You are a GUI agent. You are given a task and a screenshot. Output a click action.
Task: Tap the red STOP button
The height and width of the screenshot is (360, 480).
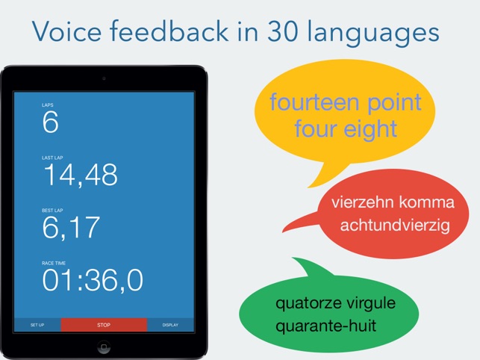[x=104, y=325]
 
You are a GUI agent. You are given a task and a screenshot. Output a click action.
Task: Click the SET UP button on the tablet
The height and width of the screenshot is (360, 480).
[x=37, y=325]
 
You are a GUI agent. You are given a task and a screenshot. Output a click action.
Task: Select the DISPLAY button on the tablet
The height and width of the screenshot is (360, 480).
[x=170, y=325]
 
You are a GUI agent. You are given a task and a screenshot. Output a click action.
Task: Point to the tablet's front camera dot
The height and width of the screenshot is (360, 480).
[x=104, y=78]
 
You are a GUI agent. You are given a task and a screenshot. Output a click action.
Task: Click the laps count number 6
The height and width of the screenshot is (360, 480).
[x=51, y=122]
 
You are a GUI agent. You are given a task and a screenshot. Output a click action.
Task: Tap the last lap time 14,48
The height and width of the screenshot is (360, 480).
[x=81, y=175]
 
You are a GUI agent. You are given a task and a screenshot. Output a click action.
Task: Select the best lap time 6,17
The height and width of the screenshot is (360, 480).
[x=71, y=227]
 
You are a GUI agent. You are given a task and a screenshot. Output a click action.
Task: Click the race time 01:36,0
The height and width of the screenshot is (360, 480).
[x=93, y=280]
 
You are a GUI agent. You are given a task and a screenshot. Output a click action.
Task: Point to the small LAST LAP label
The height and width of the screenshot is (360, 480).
[x=52, y=158]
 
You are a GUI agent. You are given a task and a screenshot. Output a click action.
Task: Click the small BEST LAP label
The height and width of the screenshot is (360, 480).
[x=52, y=211]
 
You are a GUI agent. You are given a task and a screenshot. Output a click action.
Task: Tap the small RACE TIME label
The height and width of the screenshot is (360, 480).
[x=54, y=263]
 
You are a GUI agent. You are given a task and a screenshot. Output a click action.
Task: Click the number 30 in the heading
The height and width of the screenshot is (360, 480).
[x=283, y=31]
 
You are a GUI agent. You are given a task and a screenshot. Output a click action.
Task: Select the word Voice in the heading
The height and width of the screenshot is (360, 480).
[x=66, y=31]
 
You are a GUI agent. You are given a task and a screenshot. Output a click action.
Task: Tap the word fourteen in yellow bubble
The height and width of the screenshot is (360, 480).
[x=314, y=102]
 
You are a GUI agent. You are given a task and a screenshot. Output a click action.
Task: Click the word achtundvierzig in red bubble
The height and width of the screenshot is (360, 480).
[x=395, y=226]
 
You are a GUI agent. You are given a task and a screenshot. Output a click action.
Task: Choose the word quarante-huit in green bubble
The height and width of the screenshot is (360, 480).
[x=325, y=326]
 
